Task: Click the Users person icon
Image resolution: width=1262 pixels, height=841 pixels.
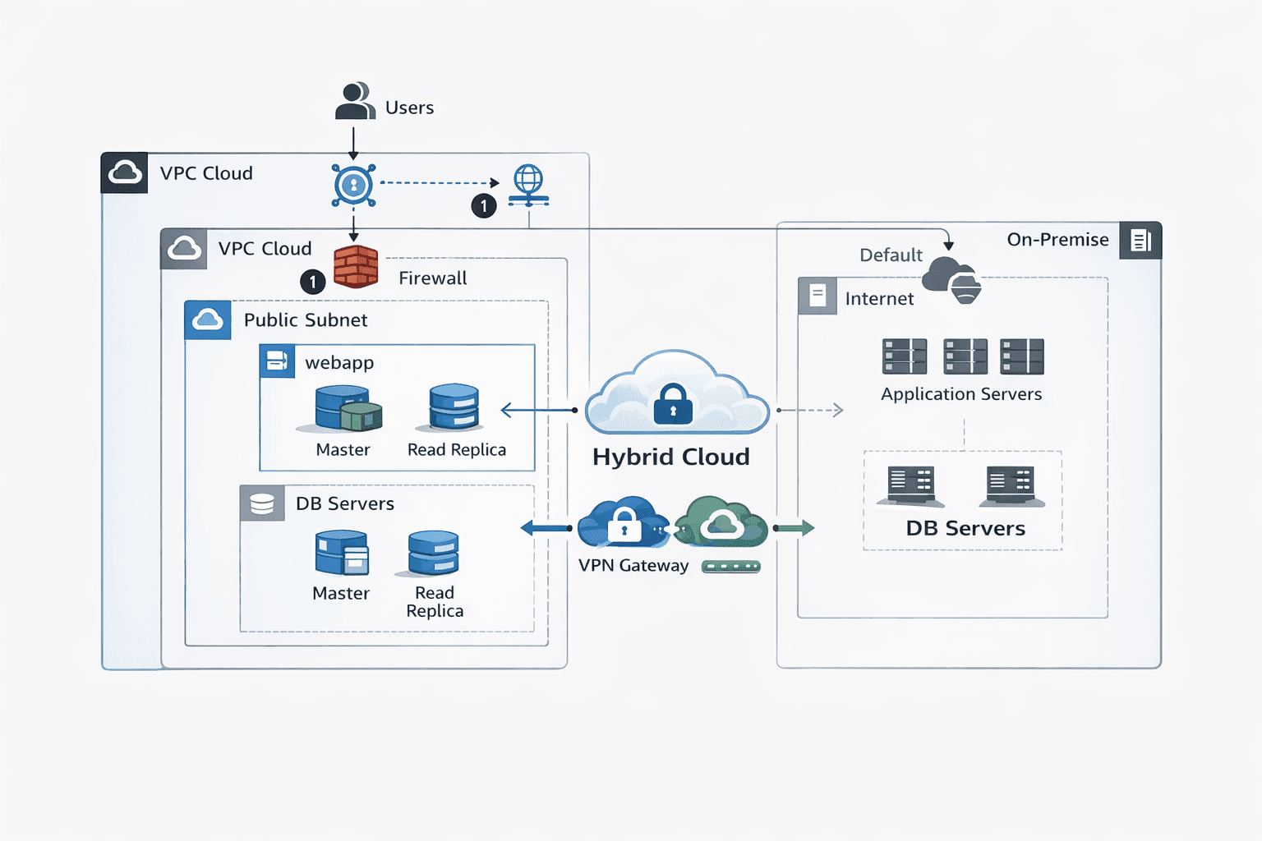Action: point(355,101)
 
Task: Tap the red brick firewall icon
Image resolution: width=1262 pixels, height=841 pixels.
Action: point(356,267)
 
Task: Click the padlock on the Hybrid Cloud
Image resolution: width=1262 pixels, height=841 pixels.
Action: point(673,404)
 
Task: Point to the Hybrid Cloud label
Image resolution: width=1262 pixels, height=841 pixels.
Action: point(671,457)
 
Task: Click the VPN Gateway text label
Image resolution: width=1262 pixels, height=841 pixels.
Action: point(633,565)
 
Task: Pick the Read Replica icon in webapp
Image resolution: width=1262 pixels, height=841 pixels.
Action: point(454,407)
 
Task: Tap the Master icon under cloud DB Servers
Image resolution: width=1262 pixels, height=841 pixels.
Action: point(342,553)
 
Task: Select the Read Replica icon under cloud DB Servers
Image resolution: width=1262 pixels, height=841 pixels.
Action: point(434,553)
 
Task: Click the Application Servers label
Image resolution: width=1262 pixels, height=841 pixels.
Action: point(961,394)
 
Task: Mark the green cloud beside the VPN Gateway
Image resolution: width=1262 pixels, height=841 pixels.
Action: point(721,522)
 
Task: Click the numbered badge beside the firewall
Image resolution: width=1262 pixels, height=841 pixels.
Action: point(313,282)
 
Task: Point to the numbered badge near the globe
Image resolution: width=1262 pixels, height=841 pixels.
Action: point(484,205)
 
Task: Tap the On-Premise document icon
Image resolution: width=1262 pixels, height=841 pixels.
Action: point(1140,241)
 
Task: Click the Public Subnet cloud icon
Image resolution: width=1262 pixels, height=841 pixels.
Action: point(208,319)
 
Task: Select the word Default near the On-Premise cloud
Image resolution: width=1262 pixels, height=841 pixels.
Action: point(891,255)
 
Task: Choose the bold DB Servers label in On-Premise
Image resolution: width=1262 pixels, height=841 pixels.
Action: point(965,528)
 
